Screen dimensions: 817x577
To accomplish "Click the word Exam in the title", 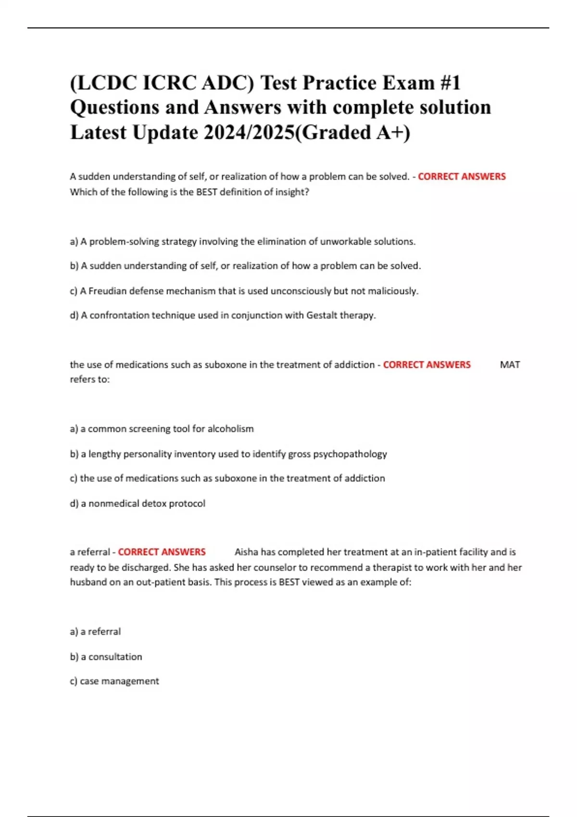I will click(x=408, y=83).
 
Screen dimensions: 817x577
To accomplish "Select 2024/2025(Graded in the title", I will click(x=286, y=133).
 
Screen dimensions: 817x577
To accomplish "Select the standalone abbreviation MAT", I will click(x=510, y=365).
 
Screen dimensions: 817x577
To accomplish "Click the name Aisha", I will click(x=246, y=552).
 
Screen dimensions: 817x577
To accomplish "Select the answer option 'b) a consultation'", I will click(x=106, y=656).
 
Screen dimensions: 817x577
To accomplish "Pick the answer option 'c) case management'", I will click(x=114, y=681).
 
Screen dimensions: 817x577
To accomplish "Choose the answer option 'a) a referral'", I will click(x=95, y=631).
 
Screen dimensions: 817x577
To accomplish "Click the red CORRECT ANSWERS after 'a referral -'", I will click(x=162, y=552).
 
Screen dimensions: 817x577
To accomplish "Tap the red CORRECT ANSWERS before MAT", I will click(x=426, y=365).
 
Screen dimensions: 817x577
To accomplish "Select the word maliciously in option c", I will click(x=393, y=291).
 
